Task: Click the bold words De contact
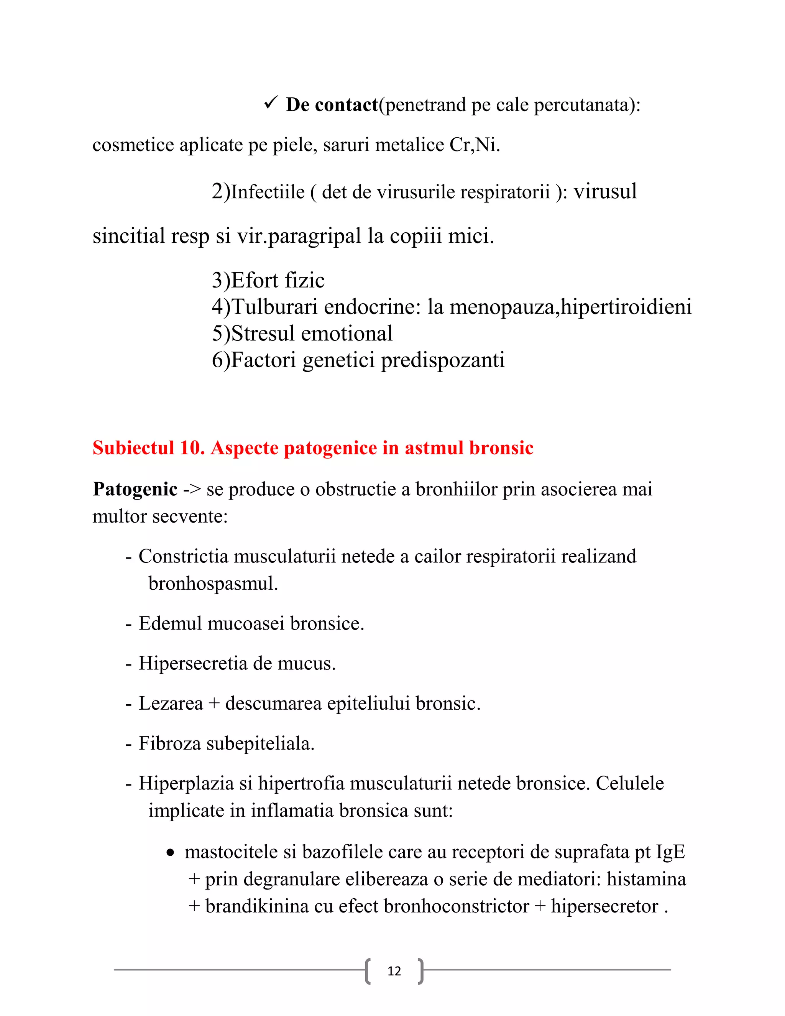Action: tap(332, 105)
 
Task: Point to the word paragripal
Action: tap(315, 236)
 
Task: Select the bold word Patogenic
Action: tap(135, 489)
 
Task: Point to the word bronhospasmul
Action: tap(213, 584)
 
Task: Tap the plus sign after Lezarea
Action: tap(214, 704)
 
